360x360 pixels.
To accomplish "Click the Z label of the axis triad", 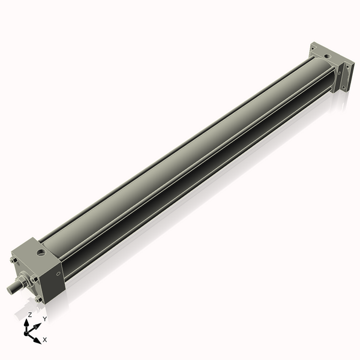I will coord(30,314).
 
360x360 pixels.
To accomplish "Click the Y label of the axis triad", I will coord(44,319).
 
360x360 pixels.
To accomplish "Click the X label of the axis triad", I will coord(44,340).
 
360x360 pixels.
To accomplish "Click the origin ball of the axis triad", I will coord(28,332).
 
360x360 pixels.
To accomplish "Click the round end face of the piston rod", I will coord(10,289).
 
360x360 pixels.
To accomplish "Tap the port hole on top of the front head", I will coord(41,252).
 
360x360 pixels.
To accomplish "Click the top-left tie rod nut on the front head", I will coord(12,263).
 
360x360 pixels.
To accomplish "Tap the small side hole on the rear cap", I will coord(339,71).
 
